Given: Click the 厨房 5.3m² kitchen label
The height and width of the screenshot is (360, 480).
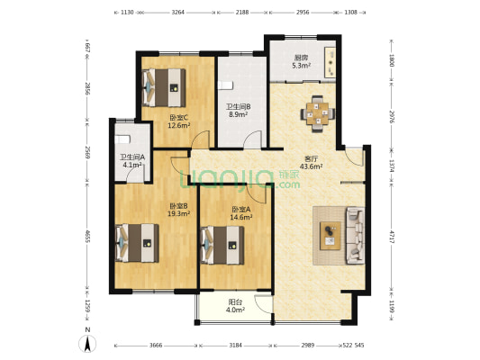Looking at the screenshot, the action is pos(302,61).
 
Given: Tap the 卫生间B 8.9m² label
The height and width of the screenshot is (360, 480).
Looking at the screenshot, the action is pos(238,111).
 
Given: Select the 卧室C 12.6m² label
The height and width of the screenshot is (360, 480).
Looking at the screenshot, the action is pos(179,121).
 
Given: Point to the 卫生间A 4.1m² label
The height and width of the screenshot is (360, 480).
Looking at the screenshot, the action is pos(132,161).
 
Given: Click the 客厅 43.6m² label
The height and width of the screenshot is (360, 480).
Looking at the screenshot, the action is pos(312,162).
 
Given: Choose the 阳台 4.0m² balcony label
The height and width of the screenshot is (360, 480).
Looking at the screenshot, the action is pos(235,306).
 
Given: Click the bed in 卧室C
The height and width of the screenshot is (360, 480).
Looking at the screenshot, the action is pos(165,88).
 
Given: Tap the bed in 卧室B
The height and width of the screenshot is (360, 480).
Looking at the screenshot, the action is pos(137,243).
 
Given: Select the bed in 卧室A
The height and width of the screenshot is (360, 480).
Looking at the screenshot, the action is pos(222,245).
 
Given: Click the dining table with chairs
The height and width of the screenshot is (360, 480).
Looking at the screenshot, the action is pos(318,113).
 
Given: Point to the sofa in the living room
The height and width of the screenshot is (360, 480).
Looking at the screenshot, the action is pos(355,236).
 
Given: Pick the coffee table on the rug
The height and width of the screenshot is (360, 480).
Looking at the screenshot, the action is pos(331,236).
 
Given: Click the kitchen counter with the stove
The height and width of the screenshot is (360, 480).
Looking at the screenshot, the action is pos(330,62).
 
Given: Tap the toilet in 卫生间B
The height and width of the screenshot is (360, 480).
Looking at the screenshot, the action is pos(225,85).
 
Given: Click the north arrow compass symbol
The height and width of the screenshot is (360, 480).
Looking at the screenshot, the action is pos(87,344).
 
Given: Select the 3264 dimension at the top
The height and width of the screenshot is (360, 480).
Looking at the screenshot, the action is pos(177,13).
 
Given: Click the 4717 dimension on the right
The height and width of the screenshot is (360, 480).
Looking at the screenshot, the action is pos(392,237).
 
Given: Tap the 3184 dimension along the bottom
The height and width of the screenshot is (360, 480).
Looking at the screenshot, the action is pos(235,346).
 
